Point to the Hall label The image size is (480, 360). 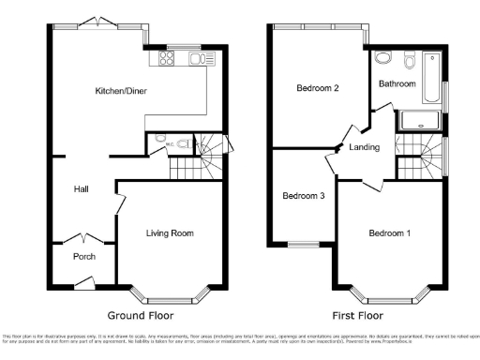tap(82, 190)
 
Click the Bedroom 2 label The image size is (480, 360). tap(317, 89)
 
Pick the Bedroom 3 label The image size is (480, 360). tap(304, 196)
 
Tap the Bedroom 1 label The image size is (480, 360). tap(389, 232)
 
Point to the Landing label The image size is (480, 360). tap(364, 148)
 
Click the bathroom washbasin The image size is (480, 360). tap(382, 58)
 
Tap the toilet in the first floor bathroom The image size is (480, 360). tap(410, 60)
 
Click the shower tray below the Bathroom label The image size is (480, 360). tap(419, 119)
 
